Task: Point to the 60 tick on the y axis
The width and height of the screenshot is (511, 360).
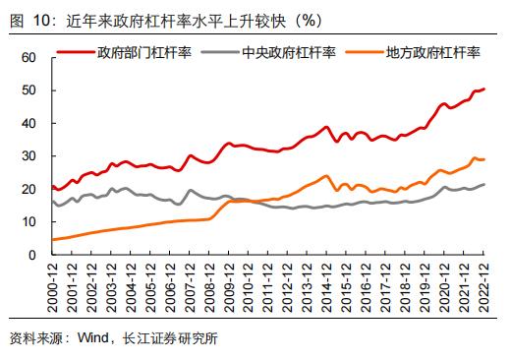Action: coord(28,58)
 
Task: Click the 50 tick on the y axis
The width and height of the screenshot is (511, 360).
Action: coord(28,90)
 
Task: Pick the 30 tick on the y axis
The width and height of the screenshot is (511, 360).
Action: coord(28,156)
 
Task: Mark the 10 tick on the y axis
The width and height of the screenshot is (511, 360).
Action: coord(28,222)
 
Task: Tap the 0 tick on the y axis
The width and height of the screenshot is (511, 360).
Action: coord(32,255)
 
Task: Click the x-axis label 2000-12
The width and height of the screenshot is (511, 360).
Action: coord(53,283)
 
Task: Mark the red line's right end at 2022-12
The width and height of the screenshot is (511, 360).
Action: coord(484,90)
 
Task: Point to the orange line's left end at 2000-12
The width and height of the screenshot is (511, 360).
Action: coord(52,240)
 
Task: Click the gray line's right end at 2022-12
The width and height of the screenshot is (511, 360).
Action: coord(484,185)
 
